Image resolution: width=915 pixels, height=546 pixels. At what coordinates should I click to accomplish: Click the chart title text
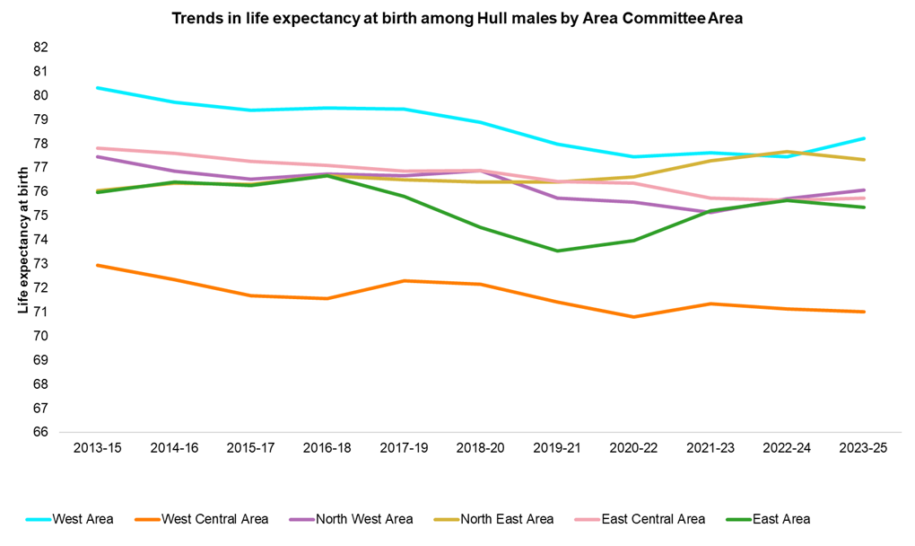(457, 18)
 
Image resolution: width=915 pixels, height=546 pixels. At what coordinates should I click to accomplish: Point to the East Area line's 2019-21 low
(557, 251)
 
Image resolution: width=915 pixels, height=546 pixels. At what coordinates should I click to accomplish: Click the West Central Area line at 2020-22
(633, 317)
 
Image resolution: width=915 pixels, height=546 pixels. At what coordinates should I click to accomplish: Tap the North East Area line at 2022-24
(787, 152)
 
